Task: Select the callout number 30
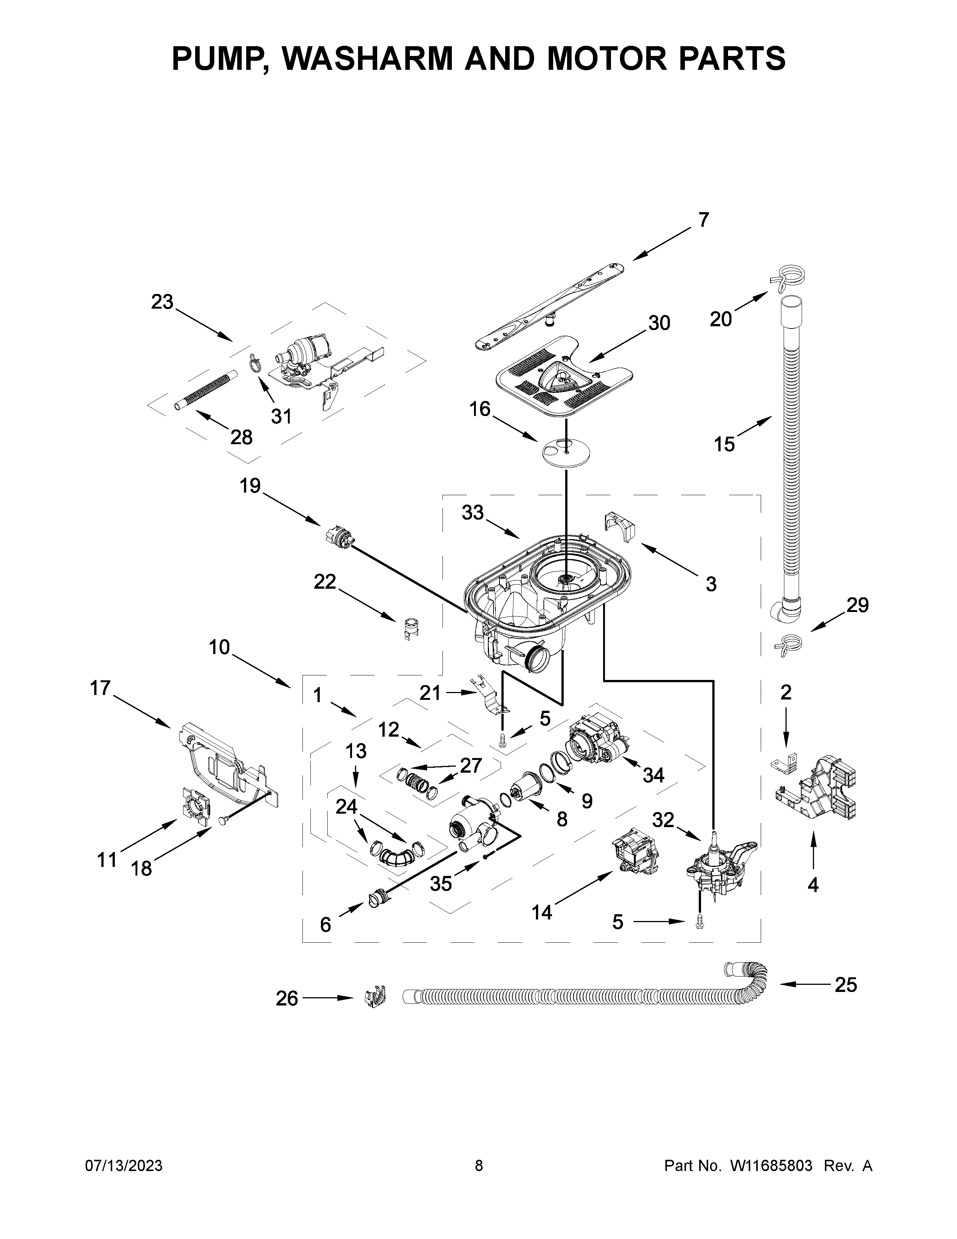point(659,323)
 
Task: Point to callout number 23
point(162,302)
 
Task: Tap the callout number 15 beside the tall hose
point(724,444)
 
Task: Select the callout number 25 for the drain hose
point(845,985)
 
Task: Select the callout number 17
point(100,688)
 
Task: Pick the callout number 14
point(542,912)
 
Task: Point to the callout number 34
point(653,775)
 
